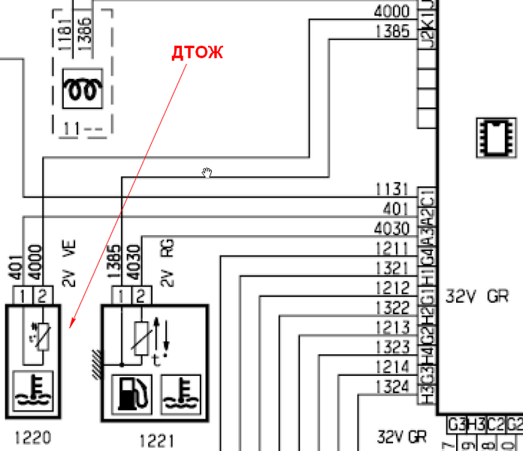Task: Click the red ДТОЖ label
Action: (198, 53)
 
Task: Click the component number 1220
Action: (32, 437)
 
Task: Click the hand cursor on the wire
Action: (207, 174)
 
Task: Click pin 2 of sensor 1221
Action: (141, 294)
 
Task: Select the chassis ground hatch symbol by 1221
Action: (95, 364)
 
